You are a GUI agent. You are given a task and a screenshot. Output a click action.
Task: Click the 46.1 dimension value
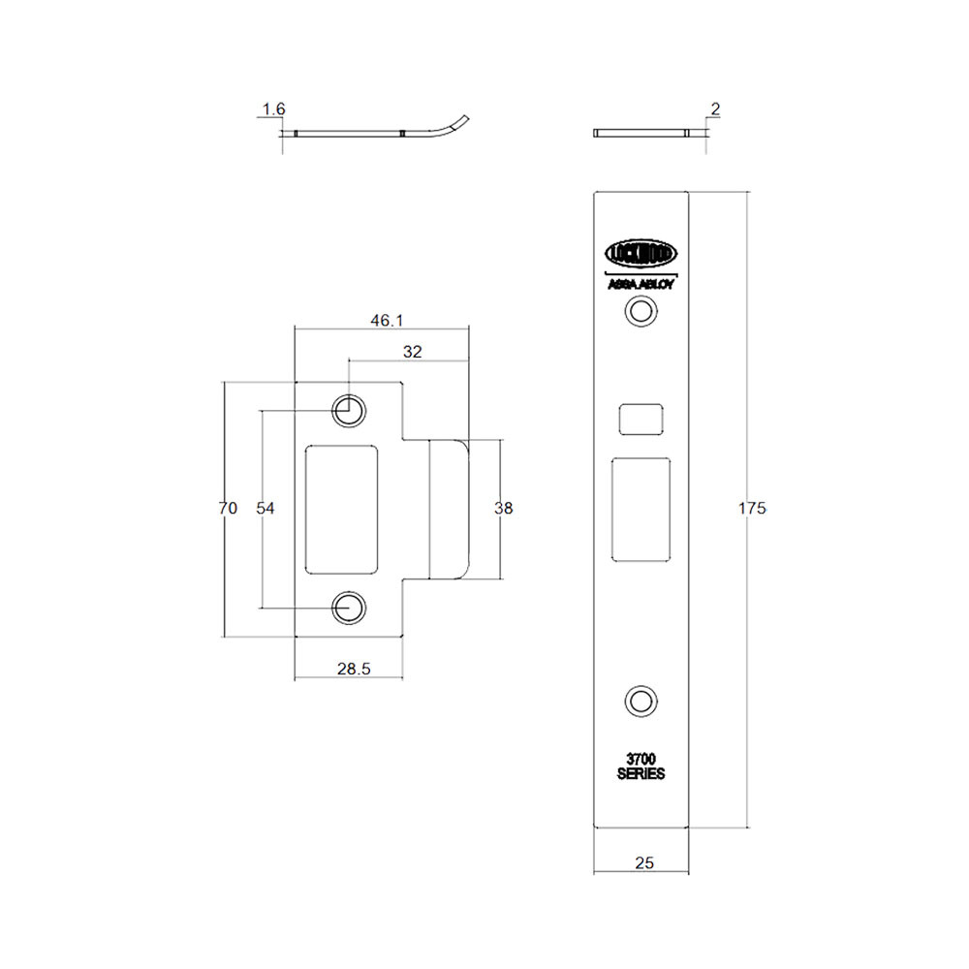click(x=387, y=320)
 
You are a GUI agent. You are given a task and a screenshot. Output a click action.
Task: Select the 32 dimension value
click(x=412, y=352)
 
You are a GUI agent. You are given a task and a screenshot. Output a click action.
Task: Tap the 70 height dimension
click(x=228, y=508)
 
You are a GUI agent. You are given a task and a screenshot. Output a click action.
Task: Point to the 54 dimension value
click(x=266, y=508)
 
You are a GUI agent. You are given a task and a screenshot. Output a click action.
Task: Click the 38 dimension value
click(x=504, y=508)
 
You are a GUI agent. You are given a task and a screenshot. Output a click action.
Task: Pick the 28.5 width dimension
click(x=354, y=669)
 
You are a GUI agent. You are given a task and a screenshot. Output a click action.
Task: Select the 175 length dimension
click(x=752, y=508)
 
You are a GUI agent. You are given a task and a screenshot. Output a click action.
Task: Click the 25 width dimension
click(x=644, y=862)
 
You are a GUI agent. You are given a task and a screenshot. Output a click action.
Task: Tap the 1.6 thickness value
click(x=274, y=109)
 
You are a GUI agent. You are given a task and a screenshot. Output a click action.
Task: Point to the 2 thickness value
click(x=716, y=109)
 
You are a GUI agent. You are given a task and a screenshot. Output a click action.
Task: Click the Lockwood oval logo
click(x=641, y=253)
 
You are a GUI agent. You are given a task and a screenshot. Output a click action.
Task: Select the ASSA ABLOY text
click(x=641, y=284)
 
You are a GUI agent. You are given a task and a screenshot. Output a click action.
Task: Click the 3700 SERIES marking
click(x=641, y=766)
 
